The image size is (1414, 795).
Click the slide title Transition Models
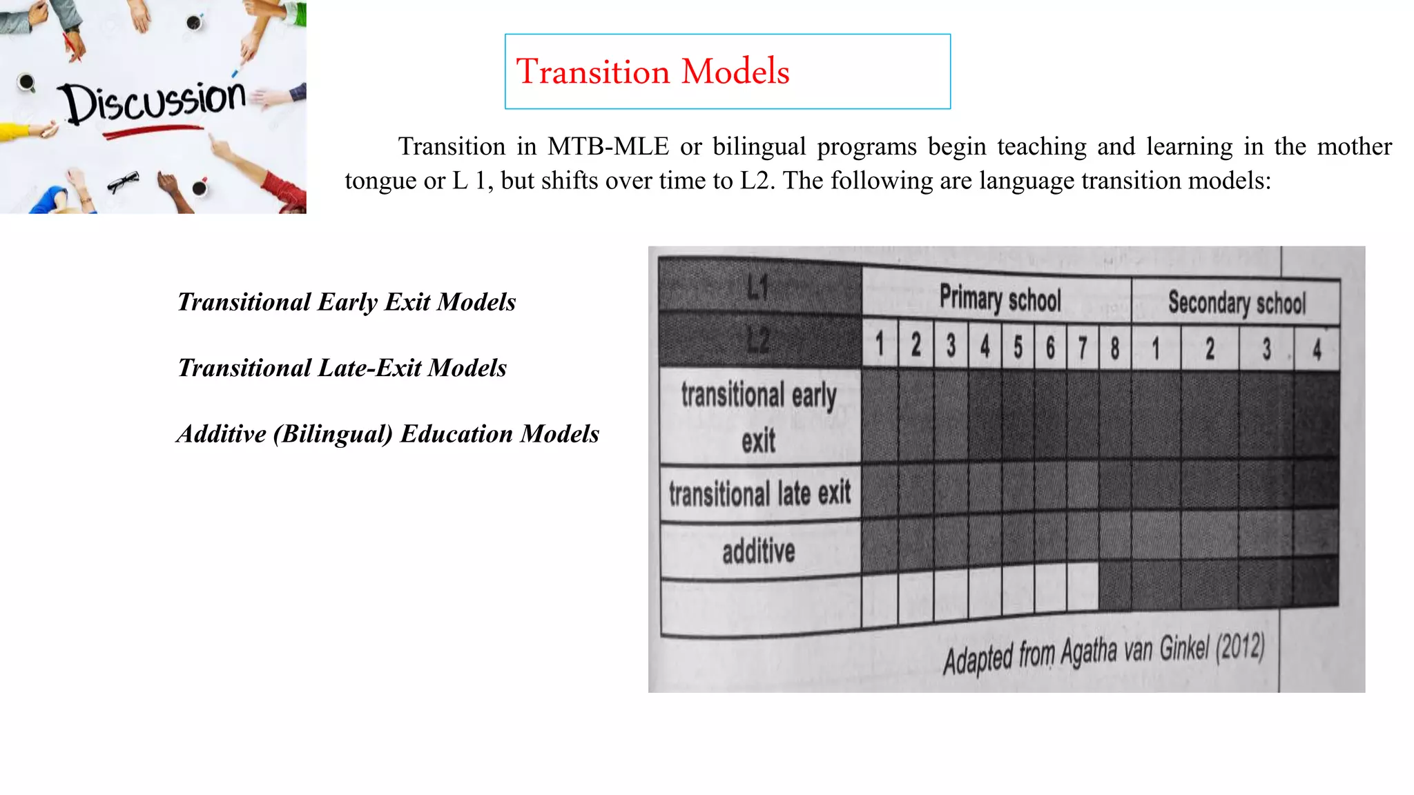[x=652, y=72]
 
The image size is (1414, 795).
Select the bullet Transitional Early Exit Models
[x=347, y=302]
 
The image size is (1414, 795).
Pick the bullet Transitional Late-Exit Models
[x=342, y=369]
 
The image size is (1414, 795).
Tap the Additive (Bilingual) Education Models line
[x=387, y=434]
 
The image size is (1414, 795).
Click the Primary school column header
[x=999, y=300]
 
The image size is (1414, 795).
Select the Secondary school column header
[x=1237, y=303]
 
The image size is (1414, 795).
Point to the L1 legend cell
[x=758, y=286]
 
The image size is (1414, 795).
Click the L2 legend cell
[x=758, y=340]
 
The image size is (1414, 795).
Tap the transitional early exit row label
[x=758, y=416]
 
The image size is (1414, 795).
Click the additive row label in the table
[x=758, y=551]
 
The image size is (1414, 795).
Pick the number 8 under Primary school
[x=1114, y=348]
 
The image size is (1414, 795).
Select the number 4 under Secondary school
[x=1317, y=350]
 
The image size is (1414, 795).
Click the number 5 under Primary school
[x=1018, y=346]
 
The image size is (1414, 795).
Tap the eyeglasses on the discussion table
[x=123, y=182]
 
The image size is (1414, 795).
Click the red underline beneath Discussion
[x=153, y=130]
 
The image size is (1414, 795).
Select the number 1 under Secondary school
[x=1155, y=349]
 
